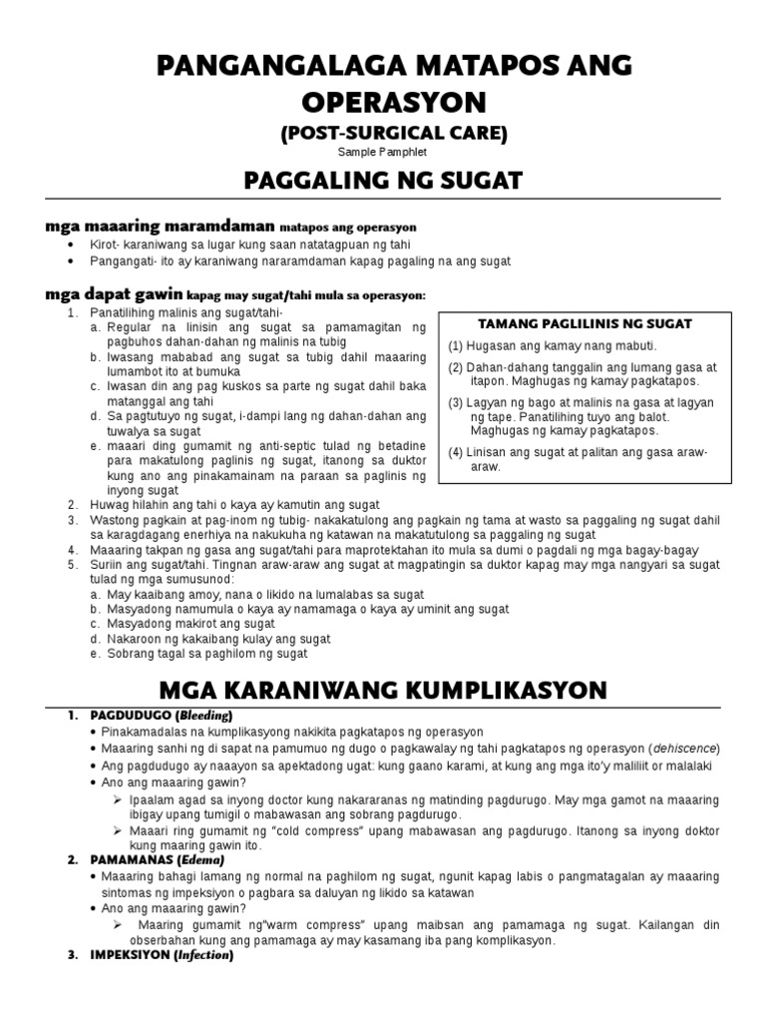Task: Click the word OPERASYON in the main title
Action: [382, 102]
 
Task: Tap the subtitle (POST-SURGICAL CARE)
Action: [382, 134]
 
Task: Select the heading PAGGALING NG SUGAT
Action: [382, 182]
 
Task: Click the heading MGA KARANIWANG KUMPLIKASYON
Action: [382, 691]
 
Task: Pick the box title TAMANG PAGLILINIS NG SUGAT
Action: [585, 323]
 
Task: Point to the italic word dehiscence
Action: [683, 749]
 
